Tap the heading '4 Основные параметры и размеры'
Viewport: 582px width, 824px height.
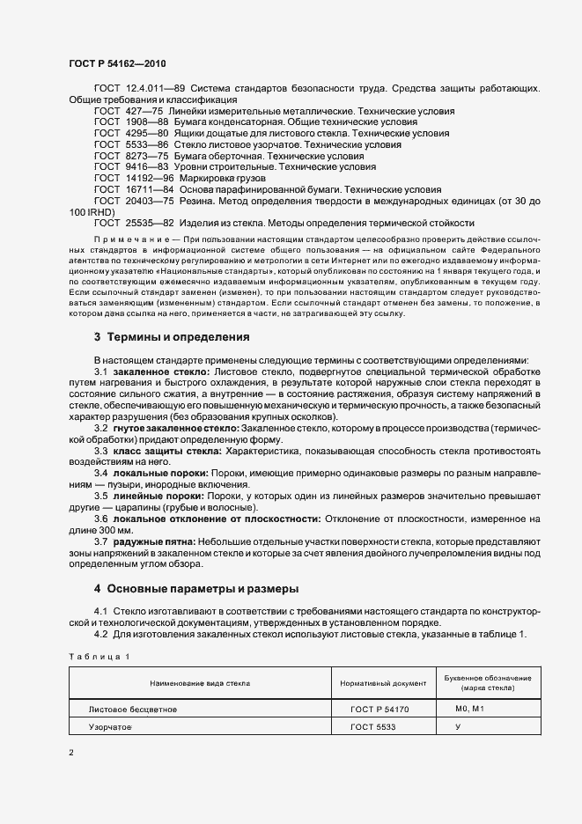pos(196,587)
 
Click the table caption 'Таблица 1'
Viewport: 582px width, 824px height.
pos(99,657)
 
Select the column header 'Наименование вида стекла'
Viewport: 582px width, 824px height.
pos(200,682)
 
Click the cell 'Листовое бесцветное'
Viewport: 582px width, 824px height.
pos(133,708)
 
